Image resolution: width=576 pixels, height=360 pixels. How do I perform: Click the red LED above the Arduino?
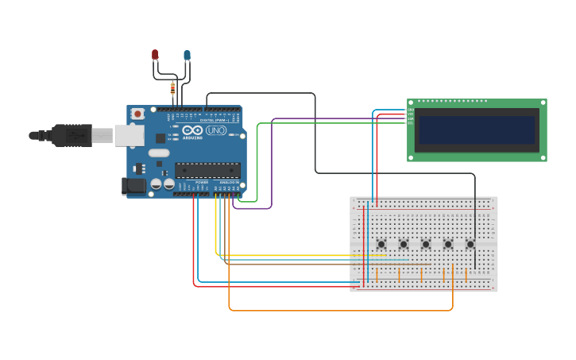pyautogui.click(x=155, y=55)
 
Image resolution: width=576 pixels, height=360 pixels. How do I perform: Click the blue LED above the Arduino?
pyautogui.click(x=187, y=56)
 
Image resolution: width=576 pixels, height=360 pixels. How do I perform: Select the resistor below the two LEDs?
pyautogui.click(x=172, y=88)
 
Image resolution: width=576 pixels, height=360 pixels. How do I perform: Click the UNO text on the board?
pyautogui.click(x=215, y=130)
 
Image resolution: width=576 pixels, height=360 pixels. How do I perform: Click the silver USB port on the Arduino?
pyautogui.click(x=129, y=136)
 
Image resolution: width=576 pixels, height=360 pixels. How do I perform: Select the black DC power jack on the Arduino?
pyautogui.click(x=135, y=186)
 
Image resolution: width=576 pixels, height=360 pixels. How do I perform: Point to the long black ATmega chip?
pyautogui.click(x=207, y=170)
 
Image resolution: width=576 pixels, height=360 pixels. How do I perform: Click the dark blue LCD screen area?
pyautogui.click(x=477, y=130)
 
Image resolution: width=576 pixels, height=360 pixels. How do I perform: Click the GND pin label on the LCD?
pyautogui.click(x=411, y=110)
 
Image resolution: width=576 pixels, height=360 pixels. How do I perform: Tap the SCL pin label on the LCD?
pyautogui.click(x=411, y=123)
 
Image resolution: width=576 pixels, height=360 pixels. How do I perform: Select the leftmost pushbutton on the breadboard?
pyautogui.click(x=381, y=244)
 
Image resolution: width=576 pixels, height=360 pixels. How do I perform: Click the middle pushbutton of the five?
pyautogui.click(x=426, y=244)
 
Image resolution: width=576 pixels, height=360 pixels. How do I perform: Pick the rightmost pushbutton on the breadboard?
pyautogui.click(x=470, y=244)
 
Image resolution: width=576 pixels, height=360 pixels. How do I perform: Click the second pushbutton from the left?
pyautogui.click(x=404, y=244)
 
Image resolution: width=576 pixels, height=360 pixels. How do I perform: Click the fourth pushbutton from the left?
pyautogui.click(x=448, y=244)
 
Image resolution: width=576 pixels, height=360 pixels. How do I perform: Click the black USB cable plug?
pyautogui.click(x=72, y=136)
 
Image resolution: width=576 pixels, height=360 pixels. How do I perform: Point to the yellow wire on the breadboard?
pyautogui.click(x=302, y=255)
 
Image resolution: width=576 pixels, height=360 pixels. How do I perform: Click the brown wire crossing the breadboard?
pyautogui.click(x=334, y=264)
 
